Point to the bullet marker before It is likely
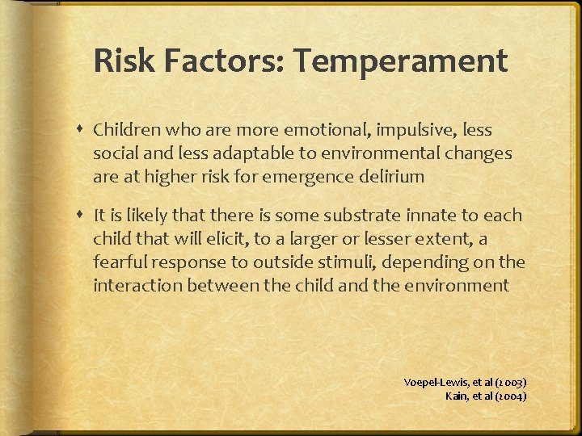82,216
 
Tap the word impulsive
399,130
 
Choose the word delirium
394,176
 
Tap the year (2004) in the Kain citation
510,396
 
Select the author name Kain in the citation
456,396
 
